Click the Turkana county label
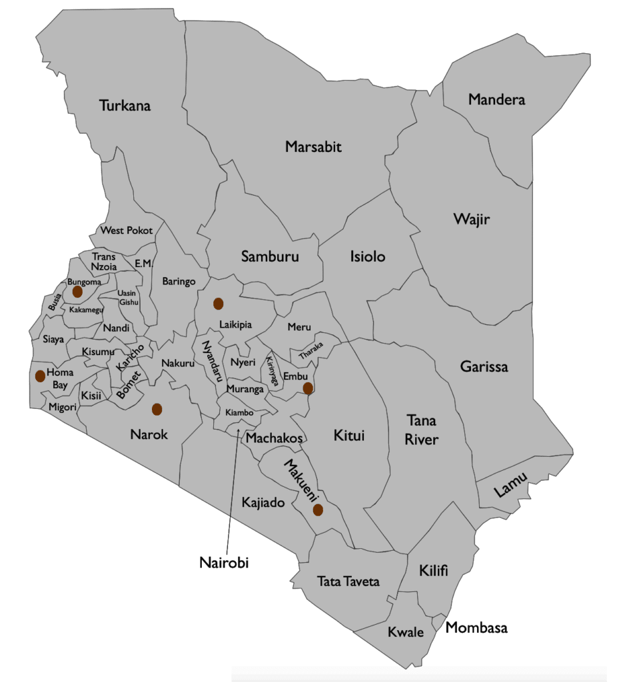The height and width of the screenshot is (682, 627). pos(125,105)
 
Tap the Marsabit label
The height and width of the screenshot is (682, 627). pos(313,147)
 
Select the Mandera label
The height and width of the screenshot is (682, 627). pos(496,100)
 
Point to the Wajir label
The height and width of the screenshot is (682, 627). pos(471,218)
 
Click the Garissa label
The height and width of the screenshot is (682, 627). pos(484,366)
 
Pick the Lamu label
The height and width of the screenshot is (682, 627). pos(511,486)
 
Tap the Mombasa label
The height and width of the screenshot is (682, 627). pos(476,627)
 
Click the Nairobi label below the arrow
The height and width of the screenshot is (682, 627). pos(224,562)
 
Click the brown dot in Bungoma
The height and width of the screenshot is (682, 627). pos(77,292)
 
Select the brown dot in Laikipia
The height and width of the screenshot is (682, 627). pos(217,304)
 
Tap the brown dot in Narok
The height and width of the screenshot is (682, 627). pos(157,408)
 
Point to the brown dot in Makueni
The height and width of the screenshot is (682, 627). pos(318,510)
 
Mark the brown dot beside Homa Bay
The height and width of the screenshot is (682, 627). pos(40,376)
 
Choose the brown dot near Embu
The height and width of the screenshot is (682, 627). pos(308,388)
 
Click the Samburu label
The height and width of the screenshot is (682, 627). pos(270,256)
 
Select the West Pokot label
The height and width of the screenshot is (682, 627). pos(126,230)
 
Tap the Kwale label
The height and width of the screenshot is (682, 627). pos(406,632)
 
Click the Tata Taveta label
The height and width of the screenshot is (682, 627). pos(348,581)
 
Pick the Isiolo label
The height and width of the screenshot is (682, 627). pos(368,256)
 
